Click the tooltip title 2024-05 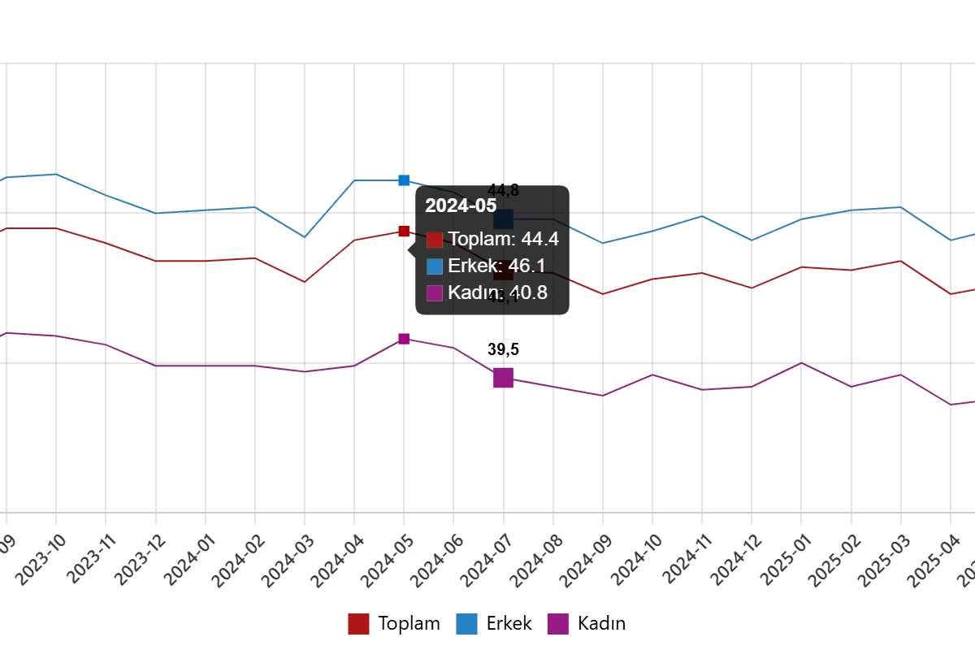point(461,206)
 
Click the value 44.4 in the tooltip point(539,239)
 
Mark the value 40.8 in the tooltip point(528,292)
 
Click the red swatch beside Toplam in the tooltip point(435,240)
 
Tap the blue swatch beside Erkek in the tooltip point(435,266)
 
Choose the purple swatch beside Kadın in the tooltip point(435,293)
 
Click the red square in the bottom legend point(358,624)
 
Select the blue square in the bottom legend point(466,624)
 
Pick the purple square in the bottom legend point(558,624)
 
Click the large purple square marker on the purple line point(503,377)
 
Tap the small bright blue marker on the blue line point(404,180)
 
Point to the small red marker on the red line point(404,232)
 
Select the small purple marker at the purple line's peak point(404,338)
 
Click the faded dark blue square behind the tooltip point(504,219)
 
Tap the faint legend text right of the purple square point(605,624)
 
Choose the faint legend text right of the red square point(410,624)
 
